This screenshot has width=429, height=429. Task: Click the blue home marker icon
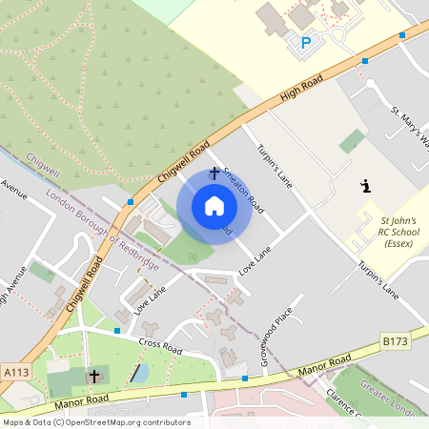[214, 205]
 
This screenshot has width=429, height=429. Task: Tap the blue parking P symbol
[306, 43]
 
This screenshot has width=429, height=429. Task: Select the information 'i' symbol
[364, 187]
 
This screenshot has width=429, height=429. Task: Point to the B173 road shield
[396, 340]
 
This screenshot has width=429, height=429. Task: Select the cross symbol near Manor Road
[93, 377]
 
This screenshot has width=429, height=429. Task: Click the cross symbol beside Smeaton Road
[214, 174]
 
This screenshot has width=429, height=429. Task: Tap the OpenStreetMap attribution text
[96, 421]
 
